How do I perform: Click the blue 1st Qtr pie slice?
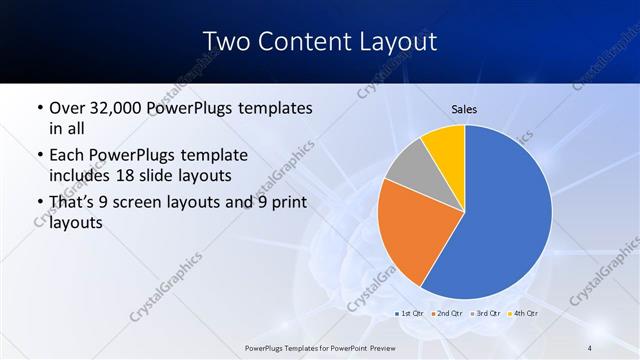(x=505, y=210)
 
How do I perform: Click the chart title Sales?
(x=464, y=109)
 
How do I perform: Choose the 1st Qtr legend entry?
(x=410, y=314)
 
